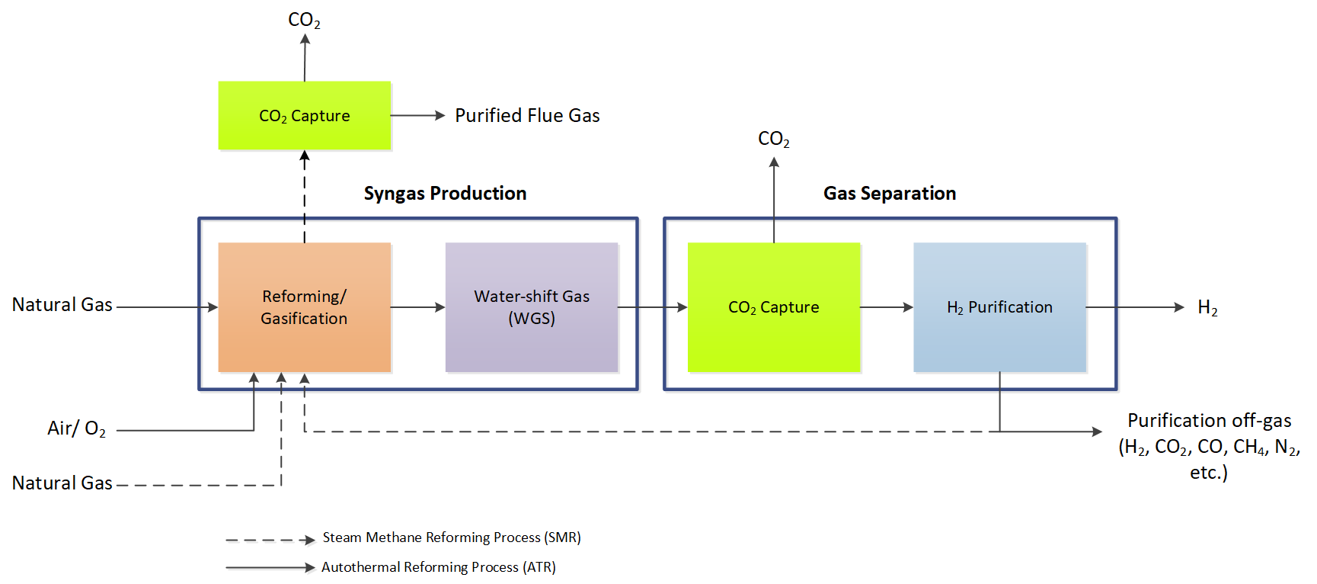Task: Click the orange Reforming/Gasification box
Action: click(x=304, y=306)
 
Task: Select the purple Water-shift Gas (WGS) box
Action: click(x=531, y=306)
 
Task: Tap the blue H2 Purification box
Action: click(x=999, y=306)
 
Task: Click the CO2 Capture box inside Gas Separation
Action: click(x=773, y=306)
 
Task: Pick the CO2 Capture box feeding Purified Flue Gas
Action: click(x=304, y=115)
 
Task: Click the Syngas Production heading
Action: click(x=445, y=193)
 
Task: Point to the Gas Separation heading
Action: click(x=889, y=193)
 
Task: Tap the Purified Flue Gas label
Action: click(x=527, y=115)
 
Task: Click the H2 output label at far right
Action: click(x=1207, y=307)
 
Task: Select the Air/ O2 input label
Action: click(x=76, y=428)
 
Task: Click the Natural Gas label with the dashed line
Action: click(x=62, y=483)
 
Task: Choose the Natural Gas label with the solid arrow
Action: click(x=62, y=304)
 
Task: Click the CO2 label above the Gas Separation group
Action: click(x=773, y=139)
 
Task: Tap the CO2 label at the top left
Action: click(x=304, y=20)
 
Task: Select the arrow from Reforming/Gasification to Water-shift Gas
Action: click(x=417, y=307)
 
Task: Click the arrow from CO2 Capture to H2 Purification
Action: click(x=887, y=307)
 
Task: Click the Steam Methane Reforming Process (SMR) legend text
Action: click(x=451, y=537)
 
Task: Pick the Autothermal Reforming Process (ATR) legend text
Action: click(x=438, y=567)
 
